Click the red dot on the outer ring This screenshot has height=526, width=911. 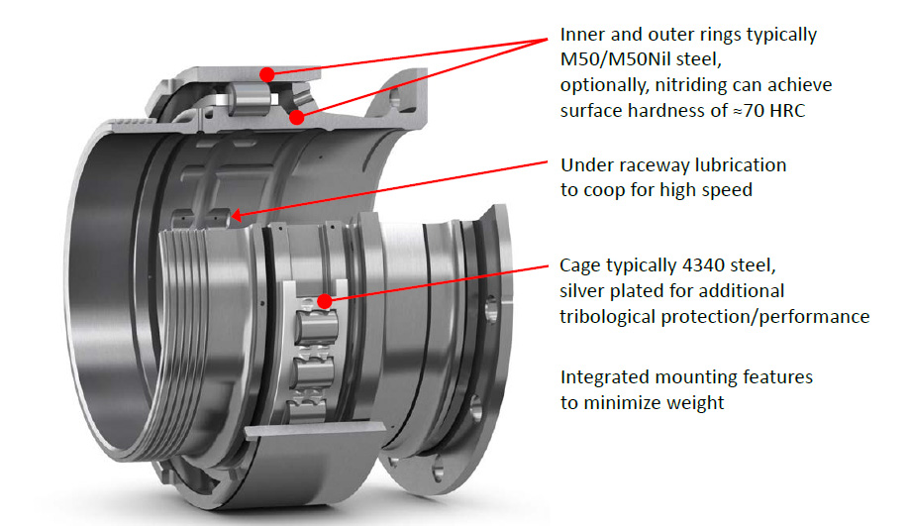[x=266, y=74]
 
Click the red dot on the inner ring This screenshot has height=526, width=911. [x=297, y=118]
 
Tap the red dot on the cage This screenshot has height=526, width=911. [x=325, y=301]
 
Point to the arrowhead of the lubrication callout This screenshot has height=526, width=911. [x=237, y=216]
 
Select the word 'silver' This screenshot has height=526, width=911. [x=582, y=290]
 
